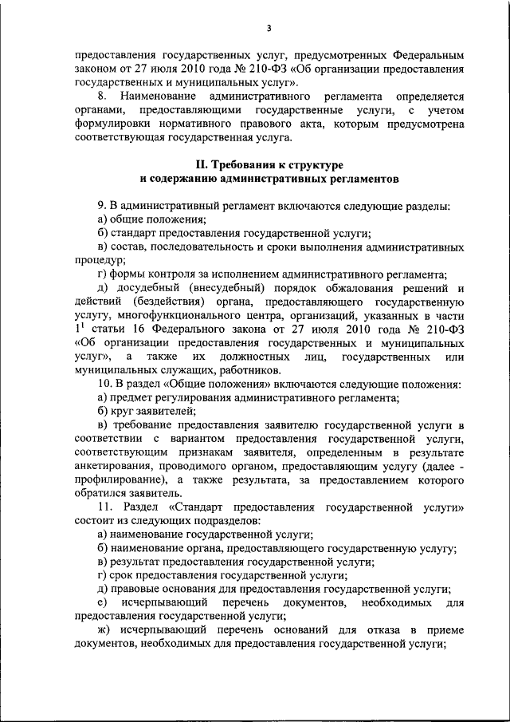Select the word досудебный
[x=149, y=287]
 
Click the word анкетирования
[x=114, y=467]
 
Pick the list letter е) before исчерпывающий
[x=101, y=604]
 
